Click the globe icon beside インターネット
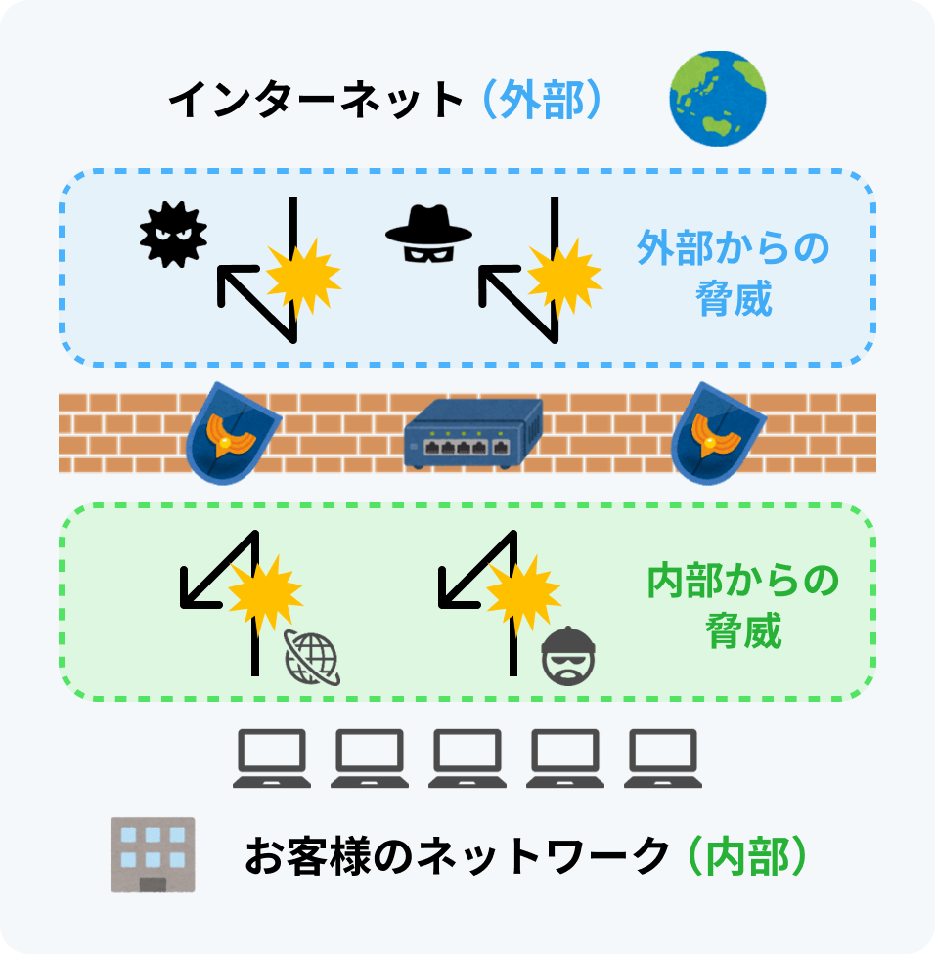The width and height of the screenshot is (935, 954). pyautogui.click(x=716, y=100)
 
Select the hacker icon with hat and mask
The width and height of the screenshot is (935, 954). pyautogui.click(x=428, y=238)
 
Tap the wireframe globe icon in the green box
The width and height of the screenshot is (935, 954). pyautogui.click(x=312, y=656)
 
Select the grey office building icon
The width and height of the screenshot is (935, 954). pyautogui.click(x=153, y=853)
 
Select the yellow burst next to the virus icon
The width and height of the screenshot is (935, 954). pyautogui.click(x=303, y=276)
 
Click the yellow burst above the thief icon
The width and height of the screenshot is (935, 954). pyautogui.click(x=523, y=589)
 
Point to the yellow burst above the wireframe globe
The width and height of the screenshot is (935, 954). pyautogui.click(x=265, y=591)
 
